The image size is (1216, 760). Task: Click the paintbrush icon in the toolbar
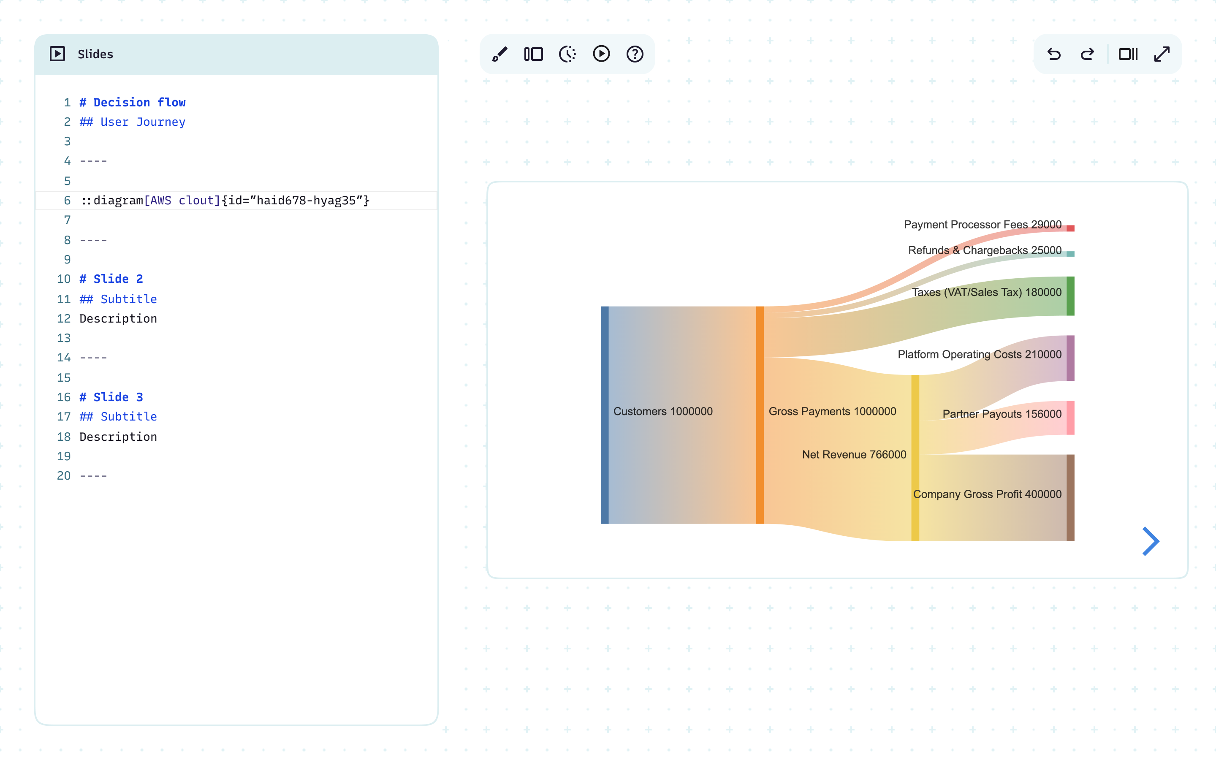(499, 54)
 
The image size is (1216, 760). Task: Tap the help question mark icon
(635, 54)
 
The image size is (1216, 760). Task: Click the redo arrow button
(1087, 54)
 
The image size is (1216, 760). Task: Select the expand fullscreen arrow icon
(1162, 54)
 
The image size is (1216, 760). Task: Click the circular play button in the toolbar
(601, 54)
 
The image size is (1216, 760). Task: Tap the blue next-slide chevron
(1150, 541)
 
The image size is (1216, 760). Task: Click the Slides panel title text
(95, 54)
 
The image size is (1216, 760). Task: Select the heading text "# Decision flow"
(133, 103)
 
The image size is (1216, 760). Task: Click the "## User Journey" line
(133, 122)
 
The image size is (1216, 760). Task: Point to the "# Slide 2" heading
(111, 279)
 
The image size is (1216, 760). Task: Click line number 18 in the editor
(64, 437)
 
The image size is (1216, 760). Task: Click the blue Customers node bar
(605, 415)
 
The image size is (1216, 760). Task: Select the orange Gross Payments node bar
(760, 415)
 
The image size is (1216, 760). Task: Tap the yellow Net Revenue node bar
(915, 458)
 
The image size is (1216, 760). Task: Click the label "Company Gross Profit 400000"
(987, 494)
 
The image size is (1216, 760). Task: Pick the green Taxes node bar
(1070, 296)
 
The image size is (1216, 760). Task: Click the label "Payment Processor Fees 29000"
(983, 225)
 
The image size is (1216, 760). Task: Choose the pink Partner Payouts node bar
(1070, 418)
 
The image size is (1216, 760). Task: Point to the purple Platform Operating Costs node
(1070, 358)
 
